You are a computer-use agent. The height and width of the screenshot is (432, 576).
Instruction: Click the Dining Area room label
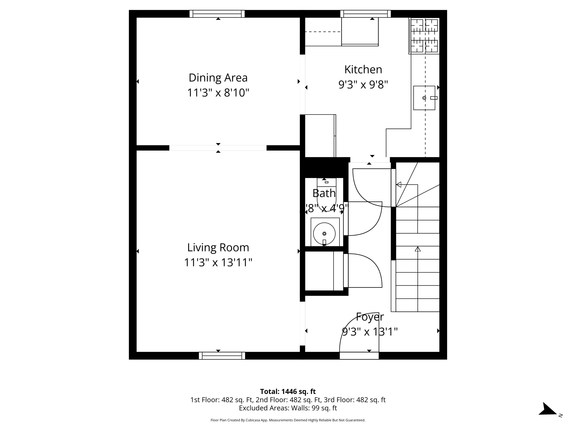tap(218, 78)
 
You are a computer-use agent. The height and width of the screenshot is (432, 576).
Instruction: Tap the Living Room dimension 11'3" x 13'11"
tap(218, 262)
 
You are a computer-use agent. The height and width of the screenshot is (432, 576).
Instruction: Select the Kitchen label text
tap(363, 69)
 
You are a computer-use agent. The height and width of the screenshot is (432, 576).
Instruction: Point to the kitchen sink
tap(424, 98)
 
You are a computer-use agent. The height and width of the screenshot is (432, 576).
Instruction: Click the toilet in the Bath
tap(326, 194)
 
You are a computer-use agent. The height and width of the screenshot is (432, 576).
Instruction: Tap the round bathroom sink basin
tap(324, 234)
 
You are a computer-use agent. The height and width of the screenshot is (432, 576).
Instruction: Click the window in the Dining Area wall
tap(217, 14)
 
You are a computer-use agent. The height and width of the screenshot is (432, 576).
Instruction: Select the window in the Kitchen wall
tap(365, 14)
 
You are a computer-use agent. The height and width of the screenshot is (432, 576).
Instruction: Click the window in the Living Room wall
tap(222, 356)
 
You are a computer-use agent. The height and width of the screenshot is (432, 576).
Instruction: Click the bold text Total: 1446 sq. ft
tap(288, 391)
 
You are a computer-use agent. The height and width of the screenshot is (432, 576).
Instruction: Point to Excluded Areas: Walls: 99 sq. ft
tap(288, 408)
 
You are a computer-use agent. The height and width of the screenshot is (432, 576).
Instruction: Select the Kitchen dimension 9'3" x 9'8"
tap(363, 84)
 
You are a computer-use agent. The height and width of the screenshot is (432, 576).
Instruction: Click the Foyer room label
tap(370, 317)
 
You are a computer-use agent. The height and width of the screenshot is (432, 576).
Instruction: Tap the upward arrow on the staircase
tap(418, 249)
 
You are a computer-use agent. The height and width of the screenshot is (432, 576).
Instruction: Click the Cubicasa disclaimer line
tap(288, 420)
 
